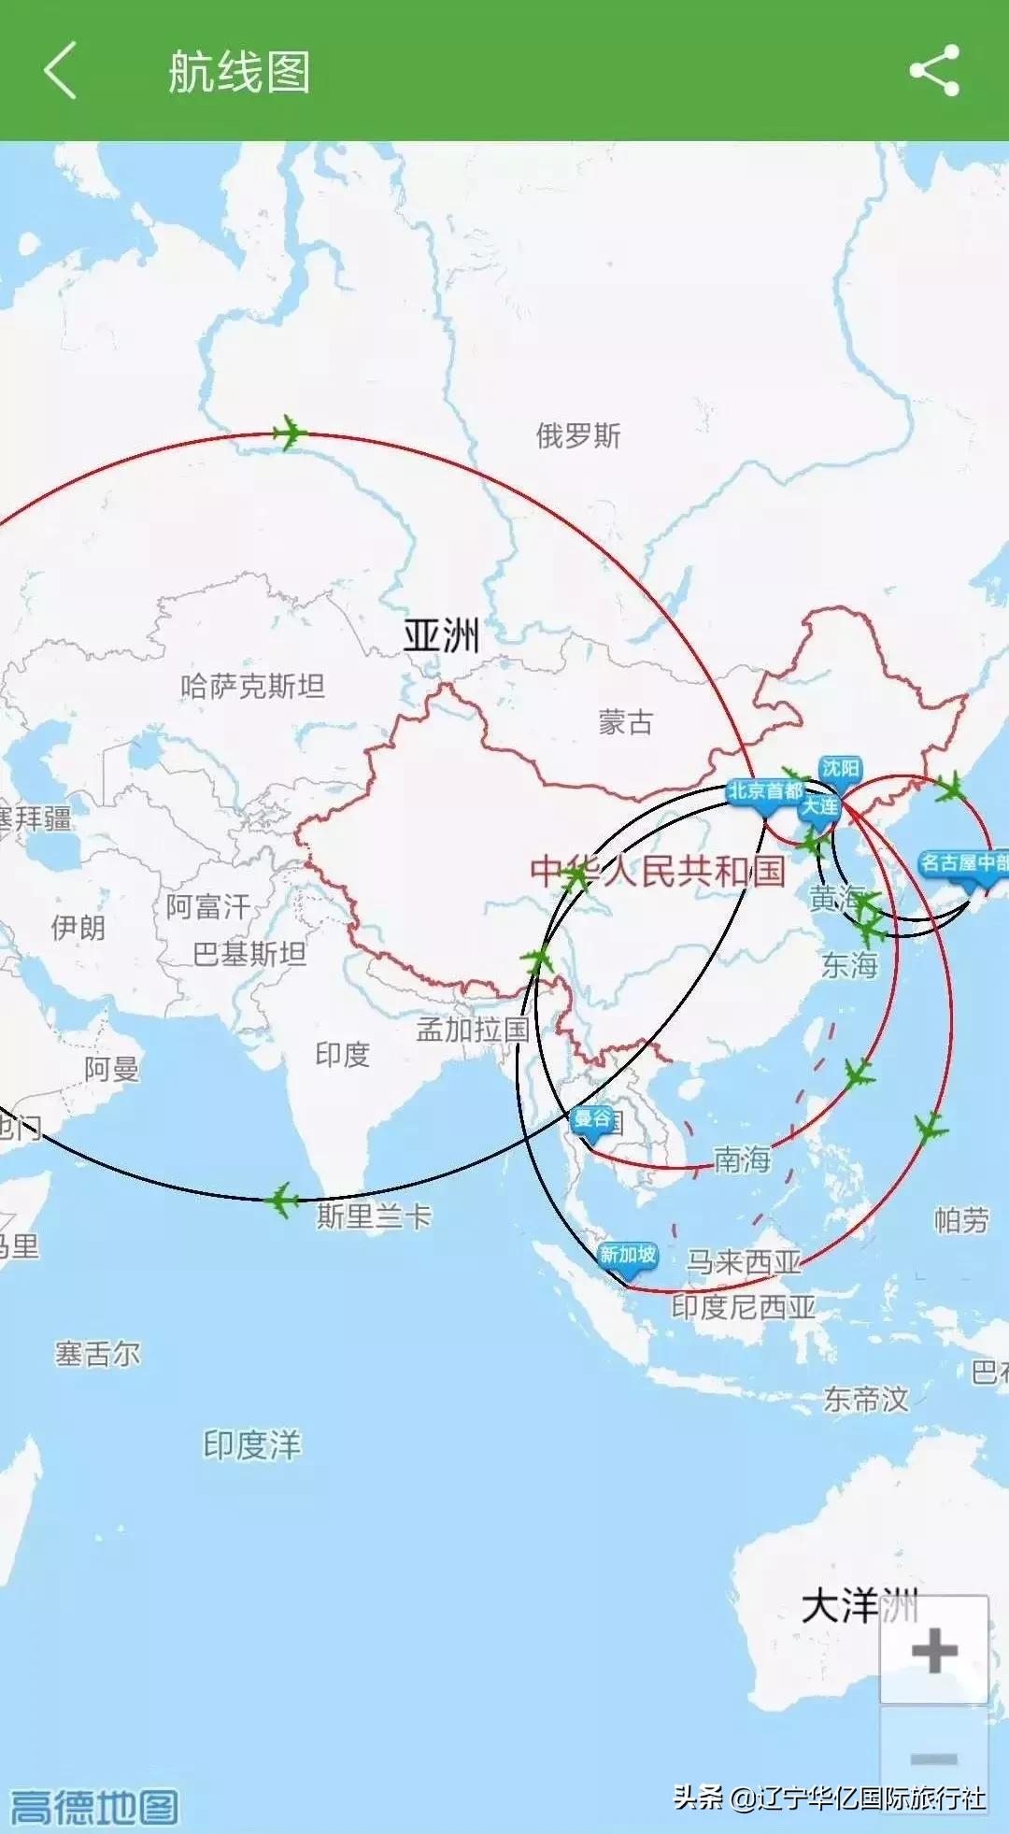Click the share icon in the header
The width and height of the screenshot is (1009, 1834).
coord(934,70)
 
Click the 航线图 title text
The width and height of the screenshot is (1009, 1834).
coord(239,72)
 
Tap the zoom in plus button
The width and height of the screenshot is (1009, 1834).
coord(933,1651)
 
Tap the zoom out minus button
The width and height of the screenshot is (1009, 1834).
coord(933,1757)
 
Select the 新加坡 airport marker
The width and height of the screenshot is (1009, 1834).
coord(628,1258)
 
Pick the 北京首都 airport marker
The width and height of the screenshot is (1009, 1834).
coord(765,793)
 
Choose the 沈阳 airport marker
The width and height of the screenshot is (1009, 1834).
coord(840,770)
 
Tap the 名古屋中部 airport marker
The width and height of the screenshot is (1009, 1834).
coord(965,863)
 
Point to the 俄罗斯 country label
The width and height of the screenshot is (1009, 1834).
coord(578,435)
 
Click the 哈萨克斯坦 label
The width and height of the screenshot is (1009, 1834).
coord(252,687)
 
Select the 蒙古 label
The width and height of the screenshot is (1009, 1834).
coord(626,721)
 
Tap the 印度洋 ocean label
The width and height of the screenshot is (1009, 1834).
coord(252,1444)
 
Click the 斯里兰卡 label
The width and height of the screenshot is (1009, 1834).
coord(374,1216)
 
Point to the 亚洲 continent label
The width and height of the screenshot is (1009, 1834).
coord(441,636)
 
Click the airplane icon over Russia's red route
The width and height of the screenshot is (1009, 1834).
coord(290,433)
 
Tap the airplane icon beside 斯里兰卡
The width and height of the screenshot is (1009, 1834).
coord(281,1200)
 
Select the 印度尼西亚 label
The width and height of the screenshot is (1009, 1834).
coord(744,1306)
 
